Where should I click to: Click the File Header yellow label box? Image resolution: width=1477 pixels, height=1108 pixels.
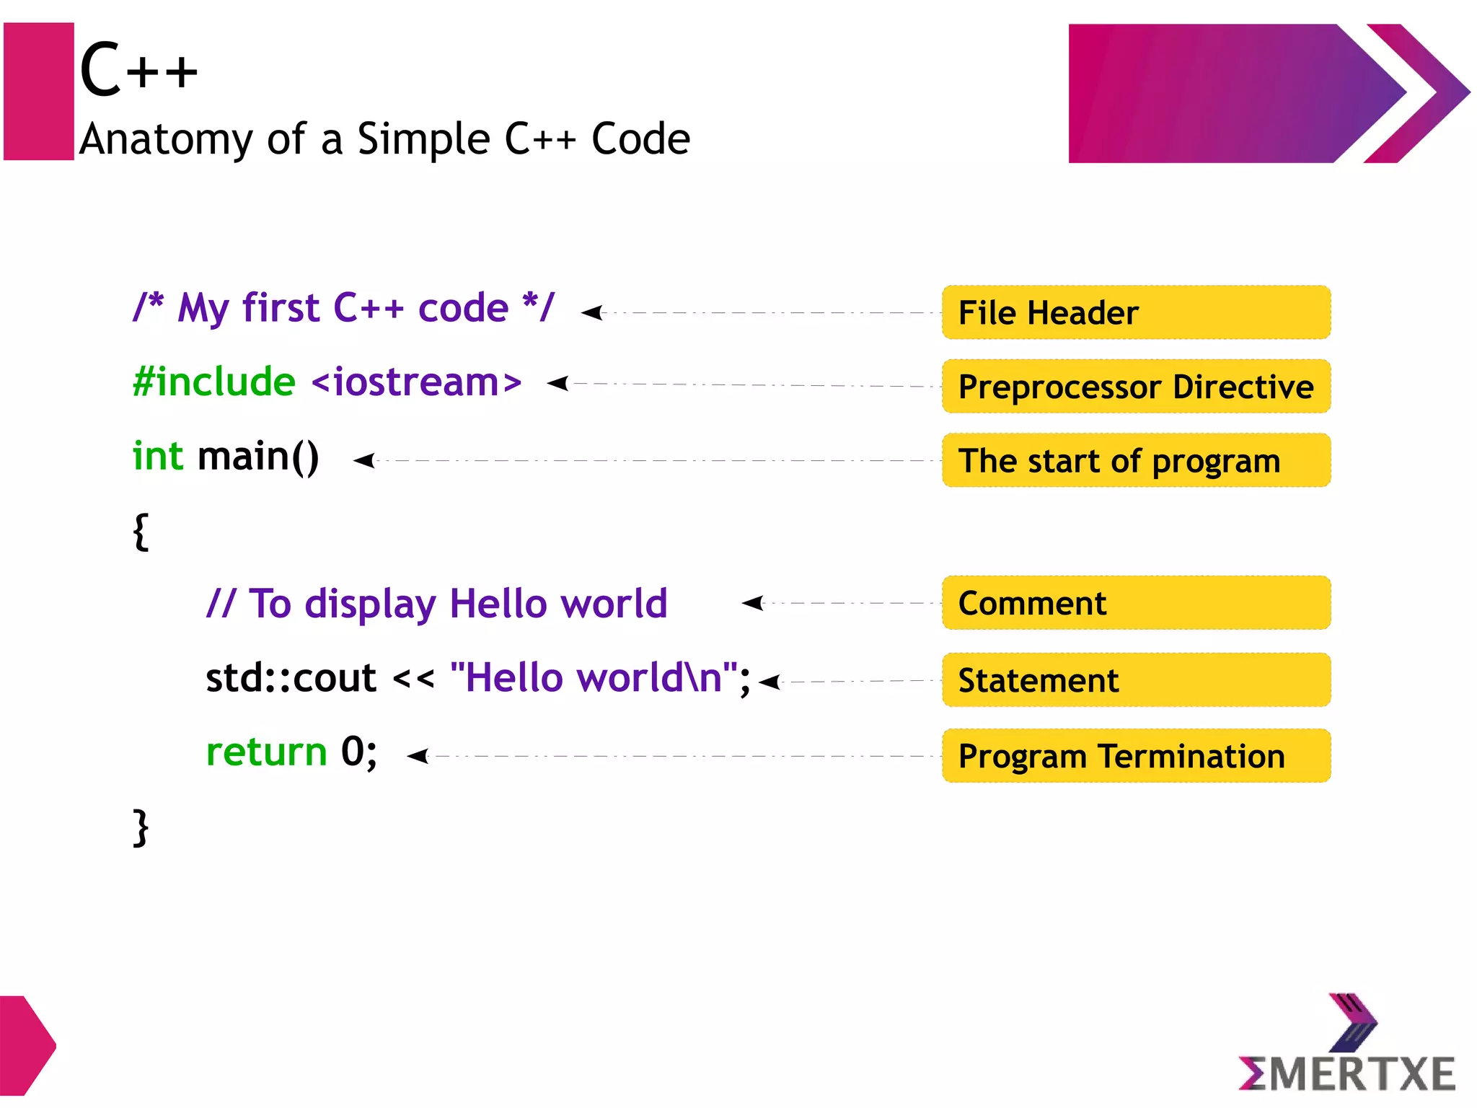1136,312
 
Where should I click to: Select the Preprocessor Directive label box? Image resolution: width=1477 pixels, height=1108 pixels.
1136,387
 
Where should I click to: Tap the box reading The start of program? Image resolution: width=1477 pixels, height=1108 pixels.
1136,460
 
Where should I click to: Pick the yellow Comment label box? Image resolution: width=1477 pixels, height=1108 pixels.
1136,603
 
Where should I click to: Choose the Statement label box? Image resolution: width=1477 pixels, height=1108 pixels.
1136,680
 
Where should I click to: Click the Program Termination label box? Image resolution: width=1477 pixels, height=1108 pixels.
1136,756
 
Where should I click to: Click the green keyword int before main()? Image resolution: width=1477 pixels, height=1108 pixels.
158,457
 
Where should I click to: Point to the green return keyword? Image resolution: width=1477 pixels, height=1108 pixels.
266,752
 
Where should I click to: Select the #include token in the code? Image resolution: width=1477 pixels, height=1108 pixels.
214,382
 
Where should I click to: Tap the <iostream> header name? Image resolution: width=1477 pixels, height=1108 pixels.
416,382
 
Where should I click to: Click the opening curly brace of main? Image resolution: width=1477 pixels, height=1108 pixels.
141,532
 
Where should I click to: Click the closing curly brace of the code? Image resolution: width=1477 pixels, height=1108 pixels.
141,827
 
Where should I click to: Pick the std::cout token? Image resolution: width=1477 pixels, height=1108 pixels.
291,678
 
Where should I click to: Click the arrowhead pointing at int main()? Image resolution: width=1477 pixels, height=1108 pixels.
364,460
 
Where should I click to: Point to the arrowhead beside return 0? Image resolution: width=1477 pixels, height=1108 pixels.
418,756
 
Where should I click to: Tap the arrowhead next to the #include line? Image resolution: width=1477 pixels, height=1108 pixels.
557,383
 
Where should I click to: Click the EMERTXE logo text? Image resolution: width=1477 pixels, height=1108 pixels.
1347,1074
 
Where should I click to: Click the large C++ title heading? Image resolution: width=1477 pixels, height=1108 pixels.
138,70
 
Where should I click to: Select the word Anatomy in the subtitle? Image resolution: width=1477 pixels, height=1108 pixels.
166,139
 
